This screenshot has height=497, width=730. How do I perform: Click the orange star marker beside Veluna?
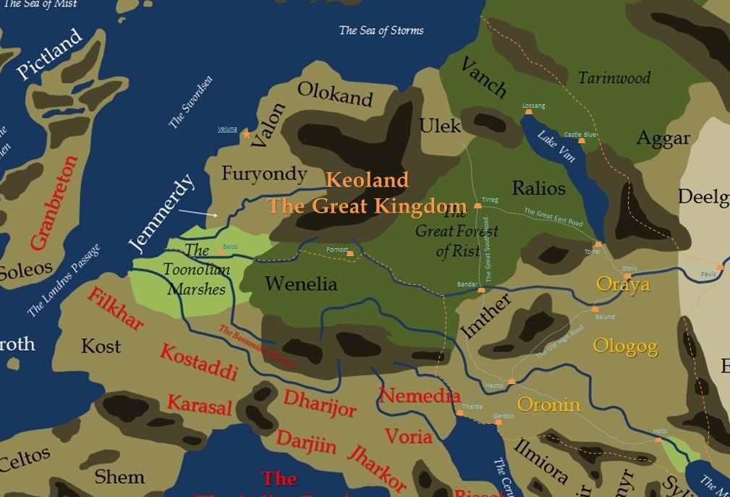coord(247,134)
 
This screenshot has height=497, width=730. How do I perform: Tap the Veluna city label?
coord(227,129)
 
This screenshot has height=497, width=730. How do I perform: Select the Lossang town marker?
coord(529,112)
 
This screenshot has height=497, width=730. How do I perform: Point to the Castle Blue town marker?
coord(581,140)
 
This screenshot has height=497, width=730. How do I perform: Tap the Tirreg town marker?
coord(478,206)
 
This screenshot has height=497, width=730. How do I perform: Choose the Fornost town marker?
coord(350,254)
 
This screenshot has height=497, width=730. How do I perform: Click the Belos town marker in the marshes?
coord(221,252)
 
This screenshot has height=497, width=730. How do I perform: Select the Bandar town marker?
coord(481,290)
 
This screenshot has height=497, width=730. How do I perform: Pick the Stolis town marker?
coord(628,276)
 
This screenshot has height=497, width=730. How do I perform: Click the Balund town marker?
coord(595,310)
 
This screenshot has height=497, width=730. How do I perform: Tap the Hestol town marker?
coord(512,381)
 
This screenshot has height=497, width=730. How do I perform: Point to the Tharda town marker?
coord(459,413)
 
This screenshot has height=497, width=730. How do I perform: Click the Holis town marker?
coord(658,439)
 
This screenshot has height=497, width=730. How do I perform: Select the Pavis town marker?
coord(720,267)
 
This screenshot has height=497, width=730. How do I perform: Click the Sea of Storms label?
coord(381,30)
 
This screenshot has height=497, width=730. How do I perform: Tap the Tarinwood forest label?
coord(614,77)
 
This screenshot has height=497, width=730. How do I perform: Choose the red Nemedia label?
coord(420,396)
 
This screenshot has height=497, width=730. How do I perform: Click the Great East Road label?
coord(553,217)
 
